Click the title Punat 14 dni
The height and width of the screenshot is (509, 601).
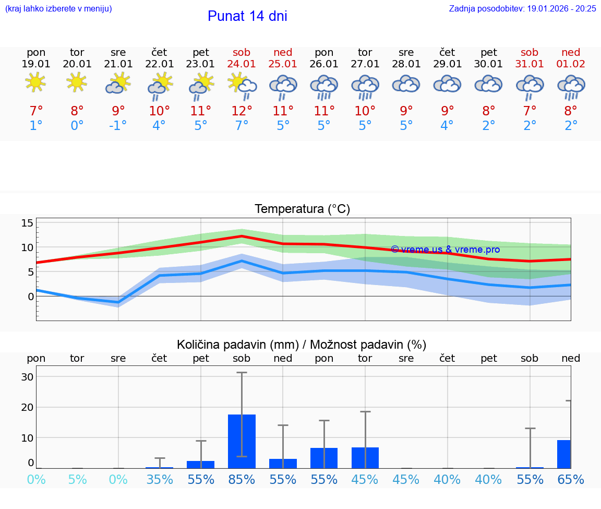pos(247,16)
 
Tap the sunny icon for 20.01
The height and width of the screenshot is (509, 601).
pos(77,82)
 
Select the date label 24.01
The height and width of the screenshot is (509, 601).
pos(242,64)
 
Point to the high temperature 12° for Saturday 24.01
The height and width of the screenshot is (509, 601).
pos(242,111)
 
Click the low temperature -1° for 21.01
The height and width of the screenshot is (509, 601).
pos(118,126)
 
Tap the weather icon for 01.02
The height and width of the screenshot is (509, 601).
pos(571,86)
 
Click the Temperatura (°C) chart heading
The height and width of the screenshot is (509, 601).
pos(302,209)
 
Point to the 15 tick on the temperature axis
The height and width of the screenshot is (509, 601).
pos(27,223)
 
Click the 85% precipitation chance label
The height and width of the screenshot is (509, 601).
pos(242,480)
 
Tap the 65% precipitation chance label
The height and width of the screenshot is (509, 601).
pos(571,480)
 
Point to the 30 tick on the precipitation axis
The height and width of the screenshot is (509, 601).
pos(27,377)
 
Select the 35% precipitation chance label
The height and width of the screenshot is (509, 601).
pos(160,480)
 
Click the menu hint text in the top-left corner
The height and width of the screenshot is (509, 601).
pos(58,8)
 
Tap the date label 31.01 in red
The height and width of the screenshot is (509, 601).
pos(530,64)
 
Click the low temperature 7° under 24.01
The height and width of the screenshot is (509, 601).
pos(242,126)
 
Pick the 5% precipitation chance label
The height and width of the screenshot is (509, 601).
pos(77,480)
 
